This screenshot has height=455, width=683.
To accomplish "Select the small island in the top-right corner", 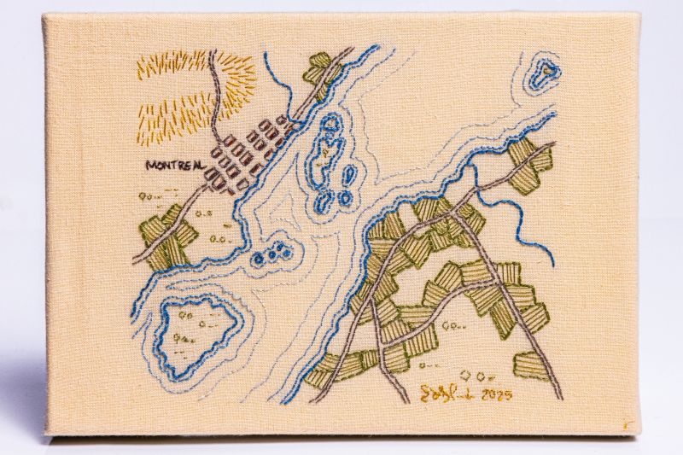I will click(x=541, y=74).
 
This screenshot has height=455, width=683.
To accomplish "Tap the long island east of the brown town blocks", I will click(x=325, y=149).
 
